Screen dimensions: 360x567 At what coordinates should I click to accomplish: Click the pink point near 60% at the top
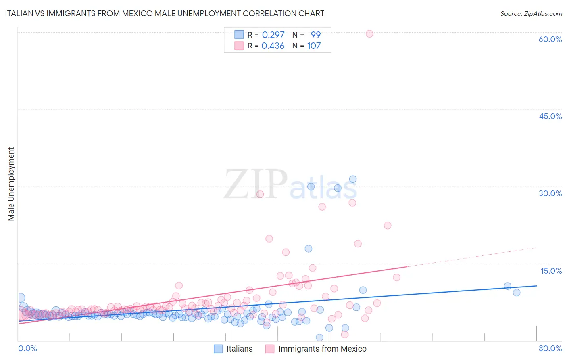(x=369, y=34)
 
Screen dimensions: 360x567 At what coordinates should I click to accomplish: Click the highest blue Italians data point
(x=353, y=179)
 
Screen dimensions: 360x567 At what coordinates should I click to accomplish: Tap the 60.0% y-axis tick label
(x=550, y=39)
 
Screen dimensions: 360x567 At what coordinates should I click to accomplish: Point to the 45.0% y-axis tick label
(x=550, y=116)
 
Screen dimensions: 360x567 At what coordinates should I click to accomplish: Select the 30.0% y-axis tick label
(x=550, y=193)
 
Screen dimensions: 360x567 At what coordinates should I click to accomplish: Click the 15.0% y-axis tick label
(x=551, y=271)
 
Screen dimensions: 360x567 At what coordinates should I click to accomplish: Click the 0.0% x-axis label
(x=27, y=348)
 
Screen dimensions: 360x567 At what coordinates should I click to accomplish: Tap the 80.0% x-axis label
(x=550, y=348)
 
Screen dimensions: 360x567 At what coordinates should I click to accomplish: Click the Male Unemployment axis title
(x=11, y=184)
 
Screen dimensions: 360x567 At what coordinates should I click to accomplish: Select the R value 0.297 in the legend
(x=273, y=35)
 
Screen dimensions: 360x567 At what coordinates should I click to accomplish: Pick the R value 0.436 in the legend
(x=273, y=46)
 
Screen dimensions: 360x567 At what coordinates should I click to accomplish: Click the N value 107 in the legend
(x=314, y=46)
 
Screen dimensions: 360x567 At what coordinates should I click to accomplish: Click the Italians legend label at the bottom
(x=240, y=349)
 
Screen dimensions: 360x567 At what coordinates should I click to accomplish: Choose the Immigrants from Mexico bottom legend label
(x=322, y=349)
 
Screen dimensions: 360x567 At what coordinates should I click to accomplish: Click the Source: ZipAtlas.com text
(x=531, y=13)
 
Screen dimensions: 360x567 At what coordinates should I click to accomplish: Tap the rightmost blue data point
(x=517, y=293)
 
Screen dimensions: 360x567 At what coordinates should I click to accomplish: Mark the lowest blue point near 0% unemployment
(x=319, y=337)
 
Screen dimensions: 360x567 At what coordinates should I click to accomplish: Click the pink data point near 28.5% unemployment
(x=260, y=194)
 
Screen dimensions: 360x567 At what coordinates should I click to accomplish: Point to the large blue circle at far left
(x=21, y=298)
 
